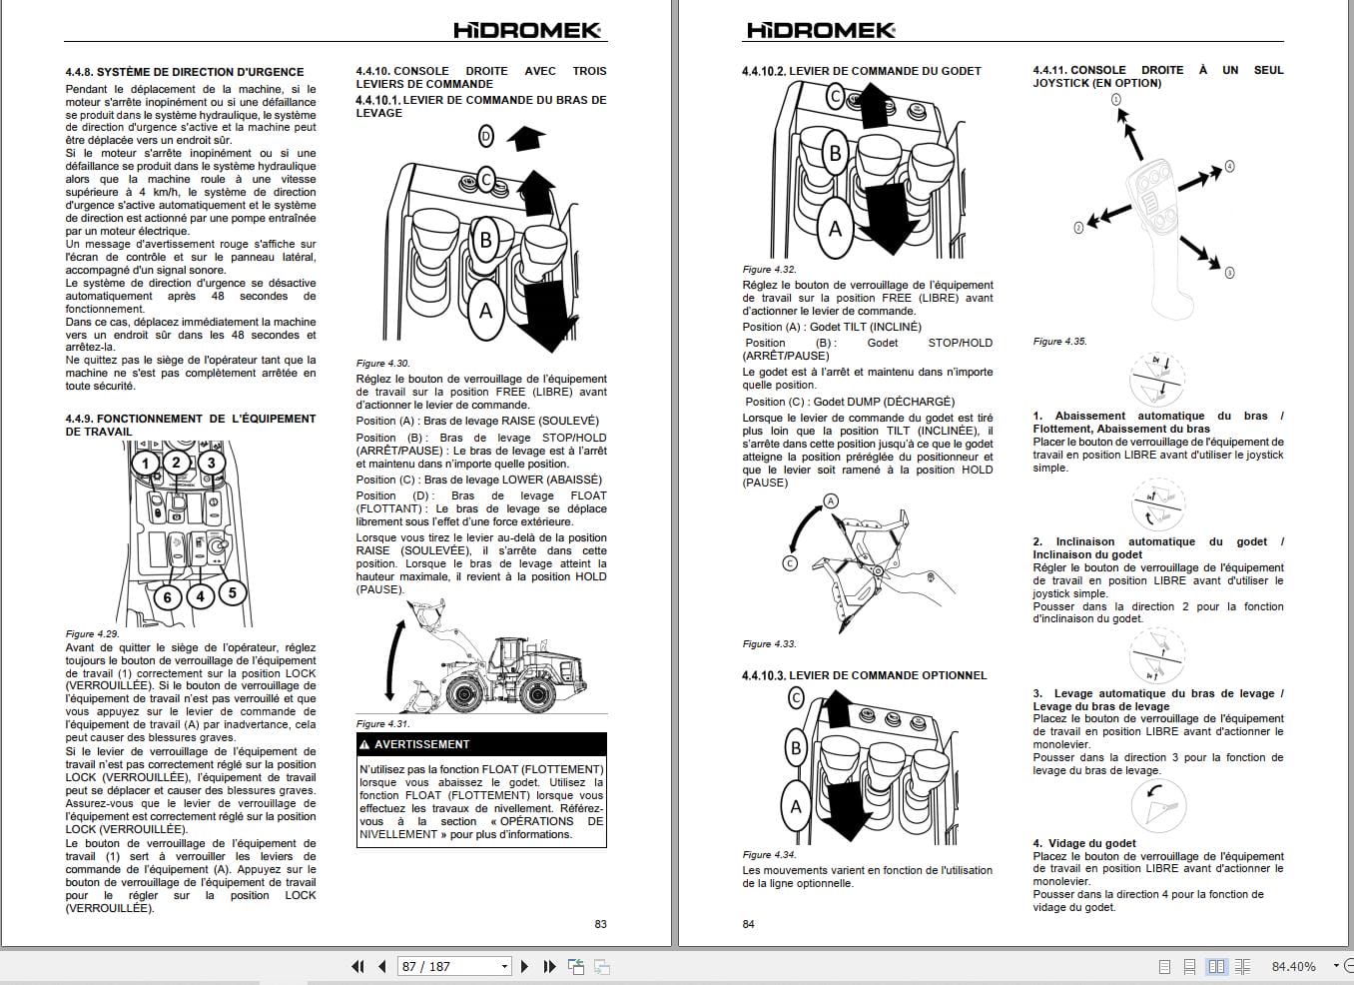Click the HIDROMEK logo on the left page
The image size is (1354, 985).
[527, 30]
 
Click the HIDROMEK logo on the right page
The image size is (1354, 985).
[821, 30]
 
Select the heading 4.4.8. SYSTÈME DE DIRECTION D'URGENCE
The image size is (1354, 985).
[185, 72]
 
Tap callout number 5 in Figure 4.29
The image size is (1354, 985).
[232, 593]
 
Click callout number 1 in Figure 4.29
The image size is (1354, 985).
[146, 463]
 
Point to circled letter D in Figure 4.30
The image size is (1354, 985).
[486, 136]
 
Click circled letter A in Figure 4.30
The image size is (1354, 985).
[485, 311]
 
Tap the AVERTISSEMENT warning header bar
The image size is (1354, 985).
[481, 744]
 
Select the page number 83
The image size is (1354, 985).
[600, 924]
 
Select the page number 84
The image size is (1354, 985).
[749, 924]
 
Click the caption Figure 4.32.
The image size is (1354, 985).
[769, 270]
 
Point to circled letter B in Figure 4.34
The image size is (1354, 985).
[796, 747]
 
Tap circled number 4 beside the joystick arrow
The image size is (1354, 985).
[1229, 166]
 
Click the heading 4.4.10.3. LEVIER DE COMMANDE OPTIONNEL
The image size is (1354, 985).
[864, 675]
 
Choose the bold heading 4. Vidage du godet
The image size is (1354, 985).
[1084, 843]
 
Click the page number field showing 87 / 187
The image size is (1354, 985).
[454, 966]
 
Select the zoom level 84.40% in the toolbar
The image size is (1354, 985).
[1293, 966]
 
